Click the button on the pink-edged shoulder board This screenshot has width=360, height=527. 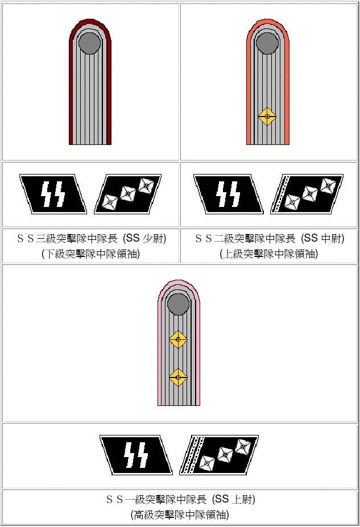coord(178,304)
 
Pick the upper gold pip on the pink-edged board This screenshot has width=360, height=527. coord(178,339)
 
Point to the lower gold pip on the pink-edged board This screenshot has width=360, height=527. coord(178,377)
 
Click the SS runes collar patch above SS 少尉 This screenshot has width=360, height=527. coord(53,194)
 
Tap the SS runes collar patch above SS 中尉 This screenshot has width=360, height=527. coord(227,194)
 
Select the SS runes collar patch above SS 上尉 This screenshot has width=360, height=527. coord(135,455)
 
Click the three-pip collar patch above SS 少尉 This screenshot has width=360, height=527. coord(127,194)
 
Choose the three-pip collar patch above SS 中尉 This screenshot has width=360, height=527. coord(307,194)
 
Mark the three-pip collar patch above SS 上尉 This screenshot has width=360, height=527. coord(220,455)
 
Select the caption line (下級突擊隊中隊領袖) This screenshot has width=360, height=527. coord(90,254)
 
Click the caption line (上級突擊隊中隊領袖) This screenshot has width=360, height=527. coord(268,254)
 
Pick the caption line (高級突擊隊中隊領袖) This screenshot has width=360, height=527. coord(180,515)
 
